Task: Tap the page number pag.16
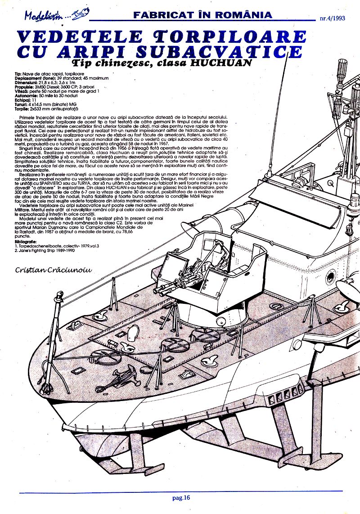coord(181,498)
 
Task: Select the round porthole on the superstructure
coord(331,275)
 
